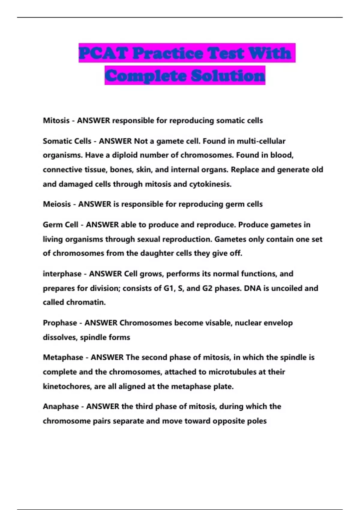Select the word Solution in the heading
pyautogui.click(x=228, y=75)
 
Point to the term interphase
pyautogui.click(x=62, y=274)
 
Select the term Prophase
pyautogui.click(x=60, y=323)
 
